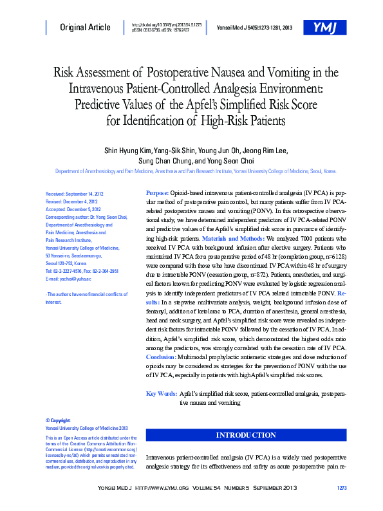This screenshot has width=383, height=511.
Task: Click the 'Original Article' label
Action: tap(85, 28)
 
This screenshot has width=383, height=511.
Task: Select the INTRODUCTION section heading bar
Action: tap(246, 436)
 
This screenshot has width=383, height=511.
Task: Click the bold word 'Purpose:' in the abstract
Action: tap(158, 193)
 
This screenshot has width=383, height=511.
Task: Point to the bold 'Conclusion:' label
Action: tap(166, 356)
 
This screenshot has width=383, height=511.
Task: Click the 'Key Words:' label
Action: tap(162, 393)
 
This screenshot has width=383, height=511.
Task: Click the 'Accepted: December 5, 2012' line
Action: tap(73, 209)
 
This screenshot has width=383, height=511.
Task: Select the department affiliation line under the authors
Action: tap(196, 172)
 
